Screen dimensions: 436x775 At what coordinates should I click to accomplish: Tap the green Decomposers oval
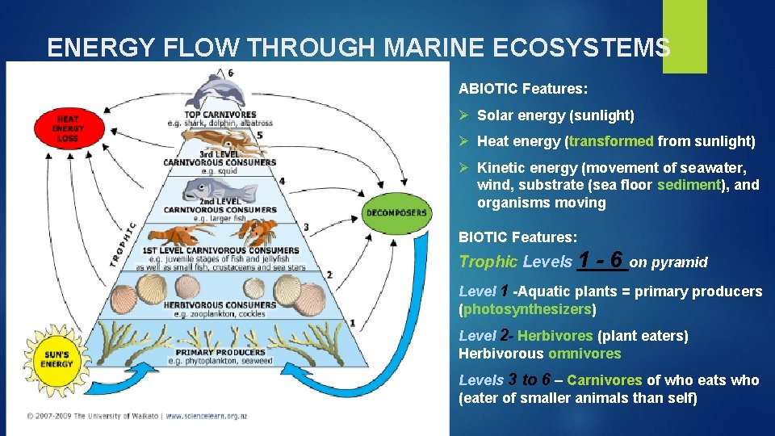click(396, 213)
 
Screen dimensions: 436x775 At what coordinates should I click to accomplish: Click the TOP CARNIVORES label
click(220, 115)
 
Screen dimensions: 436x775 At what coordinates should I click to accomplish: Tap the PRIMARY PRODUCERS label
click(220, 352)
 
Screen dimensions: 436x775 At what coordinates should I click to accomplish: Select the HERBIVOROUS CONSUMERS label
click(220, 305)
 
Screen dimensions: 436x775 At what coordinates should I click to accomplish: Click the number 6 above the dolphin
click(232, 73)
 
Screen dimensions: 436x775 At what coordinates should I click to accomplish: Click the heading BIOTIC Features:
click(517, 237)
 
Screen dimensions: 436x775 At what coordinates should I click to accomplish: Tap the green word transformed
click(611, 141)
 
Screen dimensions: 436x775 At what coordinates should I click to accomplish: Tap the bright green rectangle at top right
click(685, 36)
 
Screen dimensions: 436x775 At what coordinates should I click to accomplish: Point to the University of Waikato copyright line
click(137, 416)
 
